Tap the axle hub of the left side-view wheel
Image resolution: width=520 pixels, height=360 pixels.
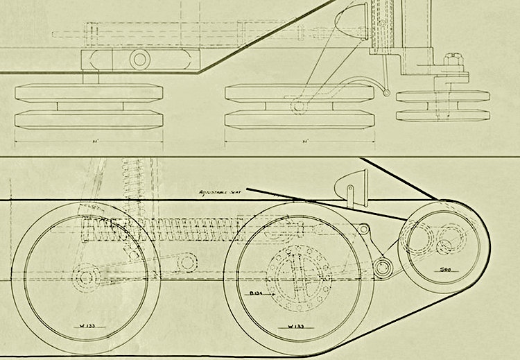pyautogui.click(x=87, y=277)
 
